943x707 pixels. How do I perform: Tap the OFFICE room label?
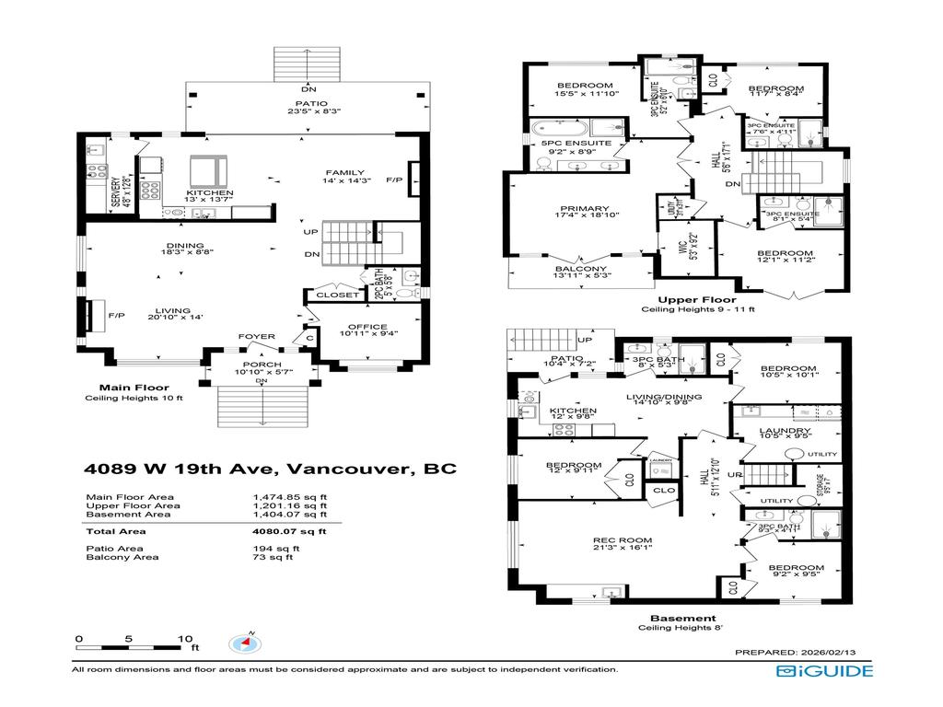tap(367, 328)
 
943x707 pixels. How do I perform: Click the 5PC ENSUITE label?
tap(577, 145)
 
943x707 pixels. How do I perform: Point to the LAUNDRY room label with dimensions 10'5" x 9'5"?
tap(785, 431)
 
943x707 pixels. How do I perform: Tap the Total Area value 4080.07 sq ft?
tap(289, 531)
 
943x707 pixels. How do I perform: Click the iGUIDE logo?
tap(823, 671)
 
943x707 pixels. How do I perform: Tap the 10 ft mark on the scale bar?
tap(184, 638)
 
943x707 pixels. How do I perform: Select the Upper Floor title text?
tap(696, 300)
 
